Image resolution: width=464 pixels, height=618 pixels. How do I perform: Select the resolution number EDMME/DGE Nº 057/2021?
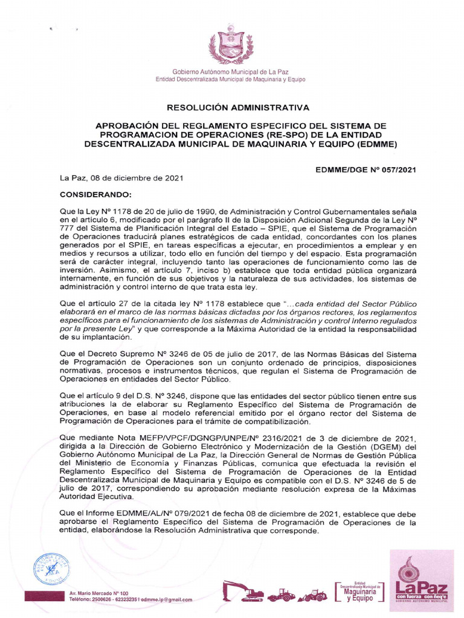pyautogui.click(x=366, y=171)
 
